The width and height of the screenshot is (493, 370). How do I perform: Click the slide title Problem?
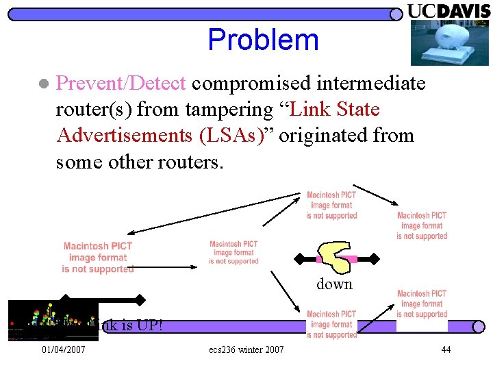[263, 40]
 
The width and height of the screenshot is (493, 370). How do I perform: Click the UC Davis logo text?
[449, 12]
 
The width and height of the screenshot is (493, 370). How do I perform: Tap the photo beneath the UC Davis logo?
[449, 42]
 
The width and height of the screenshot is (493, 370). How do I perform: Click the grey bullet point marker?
[43, 84]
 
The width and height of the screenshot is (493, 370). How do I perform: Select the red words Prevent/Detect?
[121, 84]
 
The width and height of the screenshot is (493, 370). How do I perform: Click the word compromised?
[244, 84]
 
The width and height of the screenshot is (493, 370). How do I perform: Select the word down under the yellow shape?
[334, 284]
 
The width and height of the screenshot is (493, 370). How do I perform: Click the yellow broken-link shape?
[336, 258]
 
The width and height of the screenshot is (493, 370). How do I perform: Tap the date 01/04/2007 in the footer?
[64, 350]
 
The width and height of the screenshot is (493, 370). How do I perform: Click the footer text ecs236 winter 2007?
[246, 350]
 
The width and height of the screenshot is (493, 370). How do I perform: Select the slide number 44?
[446, 350]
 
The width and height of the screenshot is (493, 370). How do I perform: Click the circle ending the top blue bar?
[396, 14]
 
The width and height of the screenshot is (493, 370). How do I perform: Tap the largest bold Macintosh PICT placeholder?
[98, 257]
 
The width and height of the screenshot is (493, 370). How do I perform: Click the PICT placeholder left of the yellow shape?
[233, 252]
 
